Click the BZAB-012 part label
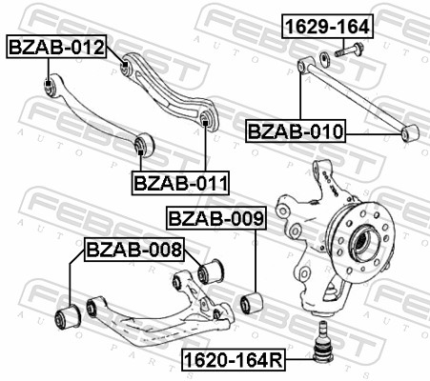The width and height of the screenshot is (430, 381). [x=56, y=46]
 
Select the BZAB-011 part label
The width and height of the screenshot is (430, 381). [x=173, y=181]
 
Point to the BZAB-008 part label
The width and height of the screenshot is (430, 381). [x=133, y=251]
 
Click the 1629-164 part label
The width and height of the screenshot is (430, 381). [x=326, y=27]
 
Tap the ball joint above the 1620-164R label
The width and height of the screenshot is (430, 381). [x=321, y=341]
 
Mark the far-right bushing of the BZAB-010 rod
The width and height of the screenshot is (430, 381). [x=410, y=133]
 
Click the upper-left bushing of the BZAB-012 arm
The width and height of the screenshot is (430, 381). [x=51, y=88]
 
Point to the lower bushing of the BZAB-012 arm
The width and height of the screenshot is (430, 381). [x=143, y=145]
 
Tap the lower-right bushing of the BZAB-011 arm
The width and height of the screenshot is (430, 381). [x=206, y=118]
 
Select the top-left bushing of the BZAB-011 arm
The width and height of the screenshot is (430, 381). [x=128, y=66]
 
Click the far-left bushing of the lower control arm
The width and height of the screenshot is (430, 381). [x=69, y=315]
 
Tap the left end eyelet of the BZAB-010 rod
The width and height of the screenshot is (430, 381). [x=303, y=65]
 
